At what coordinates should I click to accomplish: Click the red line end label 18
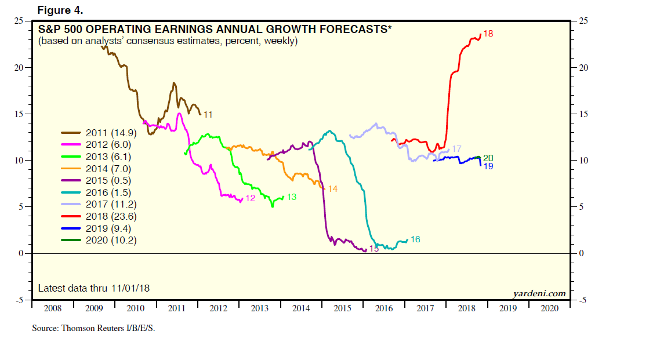point(488,34)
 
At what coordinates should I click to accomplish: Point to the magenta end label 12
point(251,198)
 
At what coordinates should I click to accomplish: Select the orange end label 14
point(333,189)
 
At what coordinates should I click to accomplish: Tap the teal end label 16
point(415,239)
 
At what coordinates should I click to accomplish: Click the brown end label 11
point(208,115)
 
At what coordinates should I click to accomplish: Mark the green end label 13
point(292,197)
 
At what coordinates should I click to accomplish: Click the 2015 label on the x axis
point(342,308)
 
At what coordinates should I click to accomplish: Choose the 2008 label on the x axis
point(52,308)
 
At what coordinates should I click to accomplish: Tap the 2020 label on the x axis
point(549,308)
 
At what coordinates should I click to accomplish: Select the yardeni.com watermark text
point(539,293)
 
